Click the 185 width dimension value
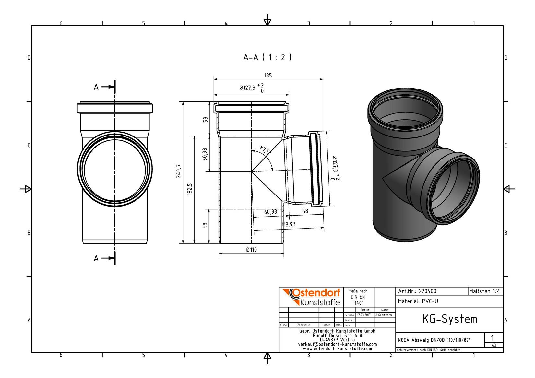click(x=268, y=76)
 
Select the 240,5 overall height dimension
click(x=178, y=171)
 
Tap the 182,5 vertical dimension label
click(x=190, y=189)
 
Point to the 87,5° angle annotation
click(x=266, y=150)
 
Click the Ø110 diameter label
click(x=251, y=250)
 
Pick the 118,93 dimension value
click(x=289, y=224)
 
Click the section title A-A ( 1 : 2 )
click(x=267, y=57)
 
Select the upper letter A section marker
click(x=96, y=87)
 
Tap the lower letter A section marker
click(x=96, y=258)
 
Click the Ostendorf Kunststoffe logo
click(x=312, y=297)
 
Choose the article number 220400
click(x=428, y=291)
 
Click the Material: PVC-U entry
click(x=418, y=301)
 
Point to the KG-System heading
click(x=450, y=319)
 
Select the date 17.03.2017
click(x=364, y=315)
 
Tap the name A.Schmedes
click(x=384, y=315)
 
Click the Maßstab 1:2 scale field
click(x=484, y=291)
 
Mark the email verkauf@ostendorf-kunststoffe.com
click(x=337, y=344)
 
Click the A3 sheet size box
click(x=494, y=345)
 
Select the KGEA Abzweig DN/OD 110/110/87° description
click(x=434, y=340)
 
